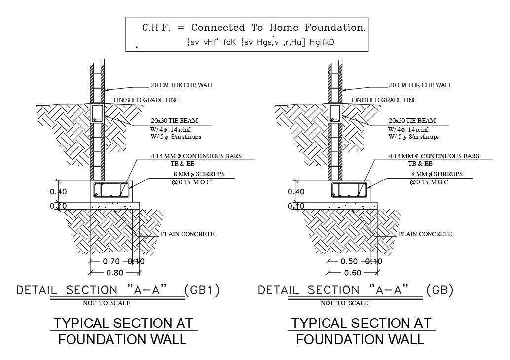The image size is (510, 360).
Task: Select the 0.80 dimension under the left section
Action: (x=115, y=272)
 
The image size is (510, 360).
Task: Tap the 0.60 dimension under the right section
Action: (x=353, y=272)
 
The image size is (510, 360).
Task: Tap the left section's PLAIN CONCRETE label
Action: (x=187, y=234)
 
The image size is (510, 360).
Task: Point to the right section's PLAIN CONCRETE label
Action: (x=425, y=234)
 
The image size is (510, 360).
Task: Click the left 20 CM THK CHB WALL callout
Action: (x=182, y=85)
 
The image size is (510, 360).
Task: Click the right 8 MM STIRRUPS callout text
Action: (x=437, y=174)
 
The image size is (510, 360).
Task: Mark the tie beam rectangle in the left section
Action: (x=97, y=113)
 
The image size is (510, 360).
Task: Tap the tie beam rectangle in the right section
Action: (x=335, y=113)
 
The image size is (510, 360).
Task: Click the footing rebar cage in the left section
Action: (x=111, y=190)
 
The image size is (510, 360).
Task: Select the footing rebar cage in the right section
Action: (x=349, y=190)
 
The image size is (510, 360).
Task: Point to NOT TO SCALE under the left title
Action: (x=107, y=303)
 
